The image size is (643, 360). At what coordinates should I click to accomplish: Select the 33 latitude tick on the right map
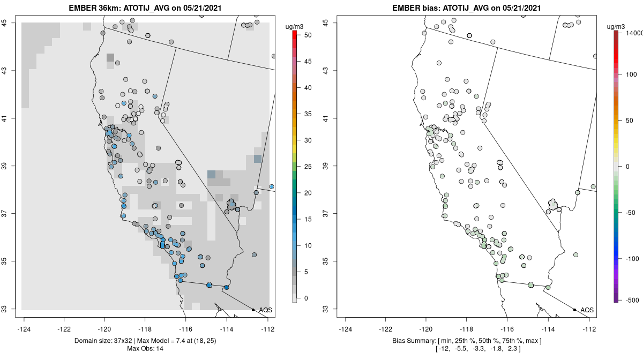pyautogui.click(x=330, y=309)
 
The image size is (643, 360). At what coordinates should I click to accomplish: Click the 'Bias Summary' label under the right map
pyautogui.click(x=413, y=341)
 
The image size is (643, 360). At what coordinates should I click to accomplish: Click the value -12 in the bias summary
pyautogui.click(x=444, y=349)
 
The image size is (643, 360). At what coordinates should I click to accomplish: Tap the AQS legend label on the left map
pyautogui.click(x=265, y=310)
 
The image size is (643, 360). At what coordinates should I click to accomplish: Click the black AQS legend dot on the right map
pyautogui.click(x=574, y=310)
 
